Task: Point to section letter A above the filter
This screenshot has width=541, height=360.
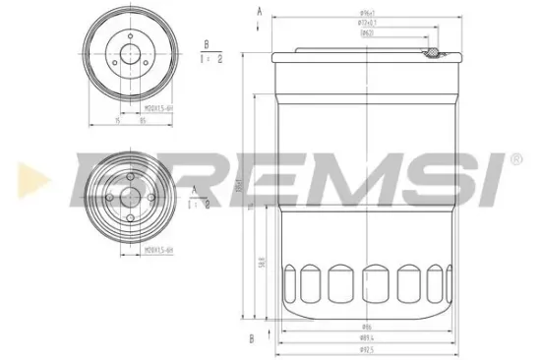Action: pos(260,9)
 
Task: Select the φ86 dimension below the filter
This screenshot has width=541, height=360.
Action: pos(366,326)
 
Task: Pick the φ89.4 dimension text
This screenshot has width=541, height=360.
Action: pos(366,336)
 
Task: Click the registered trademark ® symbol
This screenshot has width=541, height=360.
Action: pos(514,157)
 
